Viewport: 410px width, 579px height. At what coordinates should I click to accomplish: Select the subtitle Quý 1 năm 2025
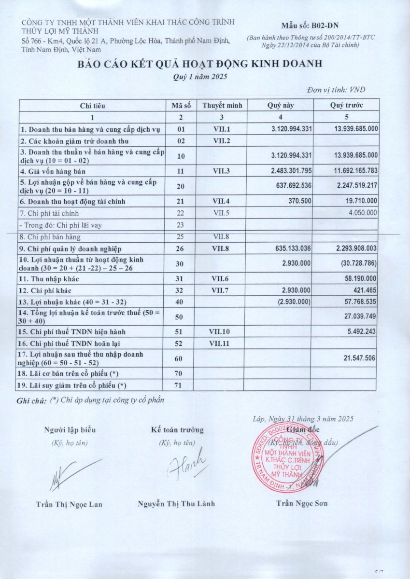(x=200, y=77)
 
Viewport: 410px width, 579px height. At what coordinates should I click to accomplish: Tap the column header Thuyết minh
(x=222, y=105)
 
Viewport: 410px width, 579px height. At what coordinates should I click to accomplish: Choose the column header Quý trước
(x=346, y=105)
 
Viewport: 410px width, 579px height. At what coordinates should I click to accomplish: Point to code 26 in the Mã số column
(x=181, y=248)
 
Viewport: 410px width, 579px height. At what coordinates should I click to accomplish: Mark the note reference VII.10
(x=222, y=332)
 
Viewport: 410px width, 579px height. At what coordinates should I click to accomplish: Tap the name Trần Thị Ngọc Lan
(x=69, y=504)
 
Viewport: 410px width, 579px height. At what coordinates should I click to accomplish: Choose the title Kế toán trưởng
(x=177, y=430)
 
